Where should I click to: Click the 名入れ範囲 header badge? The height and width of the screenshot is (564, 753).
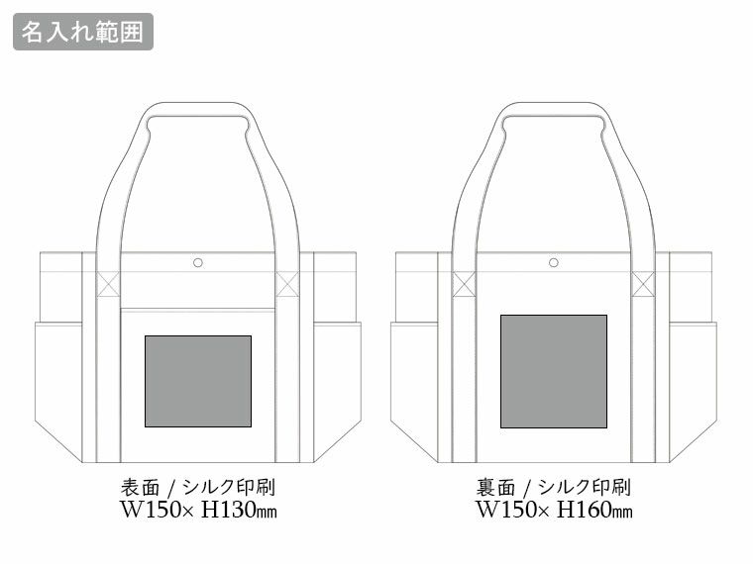tap(83, 32)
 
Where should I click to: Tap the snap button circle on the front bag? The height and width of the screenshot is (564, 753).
tap(198, 262)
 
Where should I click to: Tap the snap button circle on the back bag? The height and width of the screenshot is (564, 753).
tap(553, 262)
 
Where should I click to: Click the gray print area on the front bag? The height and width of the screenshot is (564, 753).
tap(198, 381)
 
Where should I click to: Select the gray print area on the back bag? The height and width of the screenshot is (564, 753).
tap(554, 371)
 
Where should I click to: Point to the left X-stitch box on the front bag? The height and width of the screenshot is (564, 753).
tap(108, 284)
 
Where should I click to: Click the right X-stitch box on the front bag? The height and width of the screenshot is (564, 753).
tap(287, 284)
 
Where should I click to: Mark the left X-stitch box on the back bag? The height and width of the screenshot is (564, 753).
tap(464, 284)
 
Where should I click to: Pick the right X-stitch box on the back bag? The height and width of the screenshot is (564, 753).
tap(643, 284)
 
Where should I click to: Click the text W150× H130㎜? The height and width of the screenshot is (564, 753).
tap(198, 510)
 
